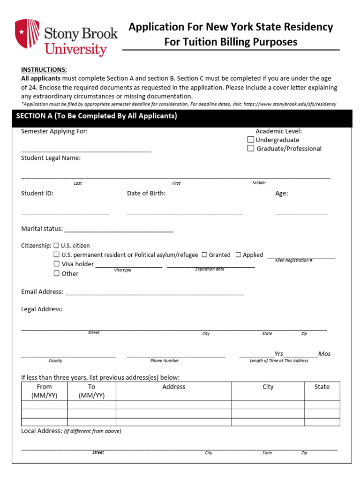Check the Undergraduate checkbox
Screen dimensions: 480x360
251,140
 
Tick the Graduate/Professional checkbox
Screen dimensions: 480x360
251,149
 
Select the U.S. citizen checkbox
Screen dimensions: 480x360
56,246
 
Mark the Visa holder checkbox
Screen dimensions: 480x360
56,264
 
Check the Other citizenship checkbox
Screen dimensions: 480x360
56,273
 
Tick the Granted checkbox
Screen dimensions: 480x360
204,255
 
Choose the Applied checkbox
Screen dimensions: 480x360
238,255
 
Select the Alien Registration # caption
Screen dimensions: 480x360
293,261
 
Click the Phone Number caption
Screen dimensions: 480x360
165,361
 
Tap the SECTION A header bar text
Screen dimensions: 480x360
97,116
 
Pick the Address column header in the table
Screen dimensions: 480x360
173,387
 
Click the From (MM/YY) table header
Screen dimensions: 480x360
44,391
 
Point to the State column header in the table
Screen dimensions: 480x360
322,387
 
